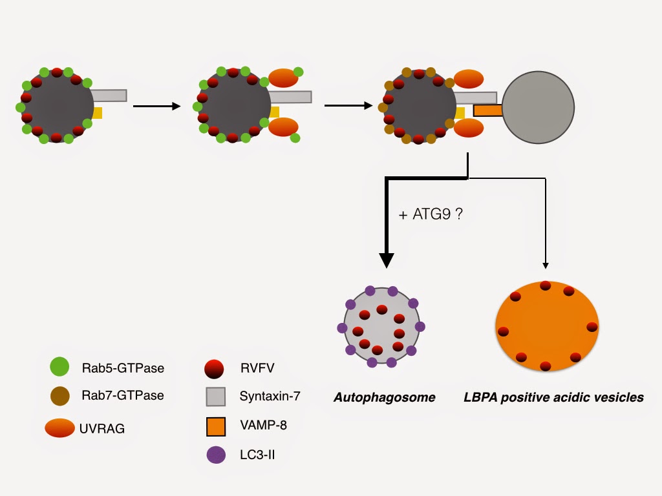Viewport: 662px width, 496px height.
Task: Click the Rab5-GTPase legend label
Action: click(x=122, y=369)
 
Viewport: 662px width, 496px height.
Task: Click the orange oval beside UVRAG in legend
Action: click(x=59, y=428)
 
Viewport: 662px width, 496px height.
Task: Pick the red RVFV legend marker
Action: click(x=214, y=368)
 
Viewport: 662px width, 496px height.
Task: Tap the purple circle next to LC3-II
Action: click(x=215, y=455)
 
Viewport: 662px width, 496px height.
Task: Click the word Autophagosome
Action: click(x=384, y=397)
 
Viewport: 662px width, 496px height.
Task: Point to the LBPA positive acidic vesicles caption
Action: click(x=553, y=397)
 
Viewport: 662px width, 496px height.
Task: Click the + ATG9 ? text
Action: click(x=431, y=215)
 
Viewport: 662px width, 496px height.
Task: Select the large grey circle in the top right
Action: click(x=538, y=107)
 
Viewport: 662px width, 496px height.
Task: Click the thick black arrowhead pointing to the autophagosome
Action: click(x=387, y=260)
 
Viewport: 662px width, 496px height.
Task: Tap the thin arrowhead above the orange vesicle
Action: click(x=546, y=265)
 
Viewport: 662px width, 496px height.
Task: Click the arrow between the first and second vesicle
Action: click(x=156, y=107)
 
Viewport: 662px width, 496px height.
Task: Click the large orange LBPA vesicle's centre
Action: click(x=546, y=326)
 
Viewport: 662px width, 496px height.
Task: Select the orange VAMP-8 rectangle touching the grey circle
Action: click(x=488, y=110)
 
